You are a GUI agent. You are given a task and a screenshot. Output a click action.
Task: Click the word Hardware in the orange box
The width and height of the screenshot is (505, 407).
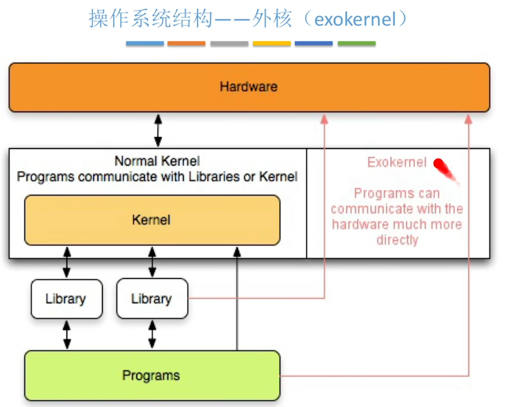[x=249, y=87]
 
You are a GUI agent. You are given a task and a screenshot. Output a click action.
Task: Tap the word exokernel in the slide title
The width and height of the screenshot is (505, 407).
[x=355, y=19]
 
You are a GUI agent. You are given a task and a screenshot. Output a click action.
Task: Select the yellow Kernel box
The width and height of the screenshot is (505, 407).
[x=152, y=220]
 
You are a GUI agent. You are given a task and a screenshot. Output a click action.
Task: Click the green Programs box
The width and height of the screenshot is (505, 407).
[x=152, y=376]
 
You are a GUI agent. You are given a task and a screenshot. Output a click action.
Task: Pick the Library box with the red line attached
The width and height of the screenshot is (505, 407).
[x=152, y=299]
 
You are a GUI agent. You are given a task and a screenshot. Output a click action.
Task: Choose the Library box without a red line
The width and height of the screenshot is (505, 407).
[x=66, y=299]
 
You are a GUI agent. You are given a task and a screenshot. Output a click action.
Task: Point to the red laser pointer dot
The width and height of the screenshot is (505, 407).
[x=439, y=164]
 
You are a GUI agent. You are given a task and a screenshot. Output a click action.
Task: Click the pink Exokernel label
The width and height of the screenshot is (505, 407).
[x=397, y=162]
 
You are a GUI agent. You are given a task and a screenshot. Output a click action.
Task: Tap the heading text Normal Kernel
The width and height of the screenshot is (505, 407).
[x=157, y=161]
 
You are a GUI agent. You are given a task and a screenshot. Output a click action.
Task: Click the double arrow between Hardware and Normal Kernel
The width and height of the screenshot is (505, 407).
[x=158, y=131]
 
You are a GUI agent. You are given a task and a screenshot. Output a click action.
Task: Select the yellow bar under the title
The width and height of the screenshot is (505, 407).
[x=272, y=43]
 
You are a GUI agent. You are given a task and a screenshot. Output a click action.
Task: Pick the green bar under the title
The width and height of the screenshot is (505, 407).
[x=357, y=43]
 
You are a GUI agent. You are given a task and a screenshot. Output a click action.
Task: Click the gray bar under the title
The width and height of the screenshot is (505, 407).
[x=229, y=43]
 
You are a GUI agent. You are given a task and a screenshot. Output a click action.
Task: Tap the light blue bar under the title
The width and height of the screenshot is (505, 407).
[x=145, y=43]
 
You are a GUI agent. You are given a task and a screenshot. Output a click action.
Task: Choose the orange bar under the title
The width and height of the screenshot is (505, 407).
[x=187, y=43]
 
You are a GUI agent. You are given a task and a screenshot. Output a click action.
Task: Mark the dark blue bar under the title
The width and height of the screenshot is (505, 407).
[x=314, y=43]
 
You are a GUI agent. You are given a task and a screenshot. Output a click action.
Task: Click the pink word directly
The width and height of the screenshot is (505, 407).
[x=397, y=240]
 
